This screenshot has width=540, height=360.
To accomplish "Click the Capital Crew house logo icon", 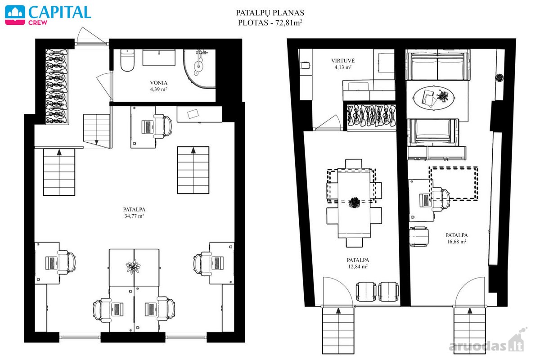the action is tap(15, 15).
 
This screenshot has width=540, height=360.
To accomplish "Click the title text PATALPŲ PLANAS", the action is tap(270, 13).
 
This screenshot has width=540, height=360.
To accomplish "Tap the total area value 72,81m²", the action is tap(289, 22).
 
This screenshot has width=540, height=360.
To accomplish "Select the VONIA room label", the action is tap(158, 83).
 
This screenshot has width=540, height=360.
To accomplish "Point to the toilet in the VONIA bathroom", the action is tap(127, 60).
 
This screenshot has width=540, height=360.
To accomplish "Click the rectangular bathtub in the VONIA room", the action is tap(159, 58).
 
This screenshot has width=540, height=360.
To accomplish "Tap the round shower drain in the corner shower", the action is tap(199, 65).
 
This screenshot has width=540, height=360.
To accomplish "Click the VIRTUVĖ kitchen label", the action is tap(343, 60).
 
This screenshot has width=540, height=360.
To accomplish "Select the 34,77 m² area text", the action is tap(134, 216).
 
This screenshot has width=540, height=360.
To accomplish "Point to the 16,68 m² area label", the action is tap(457, 241).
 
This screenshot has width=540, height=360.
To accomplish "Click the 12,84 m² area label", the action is tap(358, 266).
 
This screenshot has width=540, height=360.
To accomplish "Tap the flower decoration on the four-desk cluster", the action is tap(133, 267).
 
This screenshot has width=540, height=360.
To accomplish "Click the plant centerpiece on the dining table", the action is tap(354, 202).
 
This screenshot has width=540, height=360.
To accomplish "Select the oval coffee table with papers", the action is tap(434, 98).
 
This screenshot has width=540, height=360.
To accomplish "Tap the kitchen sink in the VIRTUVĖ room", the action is tap(358, 86).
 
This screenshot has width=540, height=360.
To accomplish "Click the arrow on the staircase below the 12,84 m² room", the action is tap(338, 311).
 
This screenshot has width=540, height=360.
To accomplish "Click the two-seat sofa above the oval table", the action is tap(437, 65).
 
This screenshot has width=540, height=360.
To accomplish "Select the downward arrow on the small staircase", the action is tap(97, 142).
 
